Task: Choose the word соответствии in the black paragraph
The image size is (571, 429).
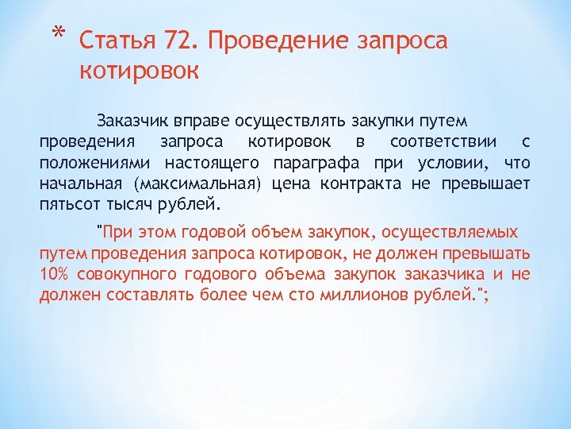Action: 443,142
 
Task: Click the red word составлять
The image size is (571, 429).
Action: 129,295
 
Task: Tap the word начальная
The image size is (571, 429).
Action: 82,184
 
